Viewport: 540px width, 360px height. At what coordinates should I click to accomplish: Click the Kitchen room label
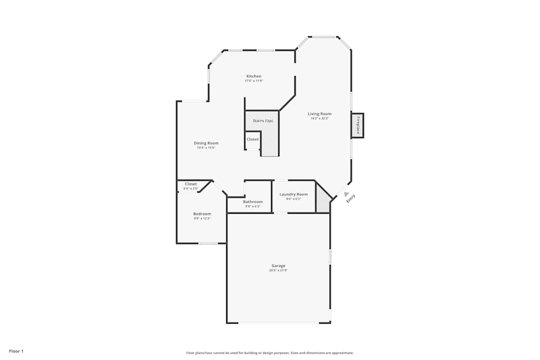point(254,76)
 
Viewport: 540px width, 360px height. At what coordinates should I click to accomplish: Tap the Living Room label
point(320,114)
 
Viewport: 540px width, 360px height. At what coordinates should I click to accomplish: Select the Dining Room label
point(206,143)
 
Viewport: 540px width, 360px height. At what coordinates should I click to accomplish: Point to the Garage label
point(278,266)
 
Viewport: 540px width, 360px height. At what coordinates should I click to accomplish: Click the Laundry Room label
point(294,194)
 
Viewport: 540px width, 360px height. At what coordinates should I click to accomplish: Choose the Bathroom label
point(253,202)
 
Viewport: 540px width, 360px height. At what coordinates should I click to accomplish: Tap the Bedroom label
point(202,214)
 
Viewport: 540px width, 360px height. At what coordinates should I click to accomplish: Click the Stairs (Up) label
point(263,121)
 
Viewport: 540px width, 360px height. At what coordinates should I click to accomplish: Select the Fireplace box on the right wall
point(357,125)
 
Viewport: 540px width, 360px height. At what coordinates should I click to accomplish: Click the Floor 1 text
point(16,351)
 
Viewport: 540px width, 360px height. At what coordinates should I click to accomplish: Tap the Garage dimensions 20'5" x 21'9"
point(278,270)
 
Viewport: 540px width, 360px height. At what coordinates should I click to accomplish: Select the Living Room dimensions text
point(320,118)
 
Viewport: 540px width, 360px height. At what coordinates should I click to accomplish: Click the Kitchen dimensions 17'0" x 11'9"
point(254,81)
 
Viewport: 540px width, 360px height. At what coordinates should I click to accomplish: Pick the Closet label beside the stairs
point(253,139)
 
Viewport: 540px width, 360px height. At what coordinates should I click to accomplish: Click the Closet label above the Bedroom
point(191,184)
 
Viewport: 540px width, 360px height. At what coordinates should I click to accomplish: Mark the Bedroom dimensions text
point(202,219)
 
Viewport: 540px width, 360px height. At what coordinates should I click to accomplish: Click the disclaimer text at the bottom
point(270,353)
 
